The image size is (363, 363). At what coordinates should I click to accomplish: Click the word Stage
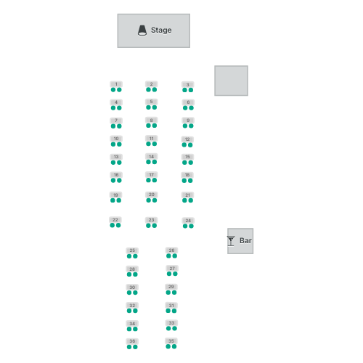pos(161,30)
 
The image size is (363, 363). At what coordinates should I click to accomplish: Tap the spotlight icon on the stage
pos(142,30)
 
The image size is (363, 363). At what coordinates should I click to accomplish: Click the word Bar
pos(245,240)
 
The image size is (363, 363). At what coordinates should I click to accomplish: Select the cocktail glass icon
pos(231,241)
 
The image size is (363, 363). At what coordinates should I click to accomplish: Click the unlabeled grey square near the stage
pos(231,81)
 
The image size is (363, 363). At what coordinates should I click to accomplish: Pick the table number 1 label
pos(116,84)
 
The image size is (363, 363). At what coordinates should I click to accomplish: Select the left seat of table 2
pos(148,90)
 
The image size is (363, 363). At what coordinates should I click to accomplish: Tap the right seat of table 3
pos(191,90)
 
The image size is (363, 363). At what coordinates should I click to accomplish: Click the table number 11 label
pos(152,139)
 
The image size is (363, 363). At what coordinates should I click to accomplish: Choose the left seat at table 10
pos(113,144)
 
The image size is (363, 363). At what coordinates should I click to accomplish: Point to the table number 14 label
pos(152,157)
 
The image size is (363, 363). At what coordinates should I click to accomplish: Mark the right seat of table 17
pos(155,180)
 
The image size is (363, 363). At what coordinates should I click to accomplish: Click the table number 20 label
pos(152,195)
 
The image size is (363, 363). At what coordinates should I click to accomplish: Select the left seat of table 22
pos(113,226)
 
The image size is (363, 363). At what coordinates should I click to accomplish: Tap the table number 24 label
pos(188,221)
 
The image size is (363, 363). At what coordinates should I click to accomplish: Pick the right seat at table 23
pos(155,226)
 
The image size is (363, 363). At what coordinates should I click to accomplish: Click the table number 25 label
pos(132,250)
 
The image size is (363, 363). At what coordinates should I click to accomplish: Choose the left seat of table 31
pos(168,311)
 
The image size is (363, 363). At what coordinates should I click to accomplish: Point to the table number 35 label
pos(171,341)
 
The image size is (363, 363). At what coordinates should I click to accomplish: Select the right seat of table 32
pos(135,311)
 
